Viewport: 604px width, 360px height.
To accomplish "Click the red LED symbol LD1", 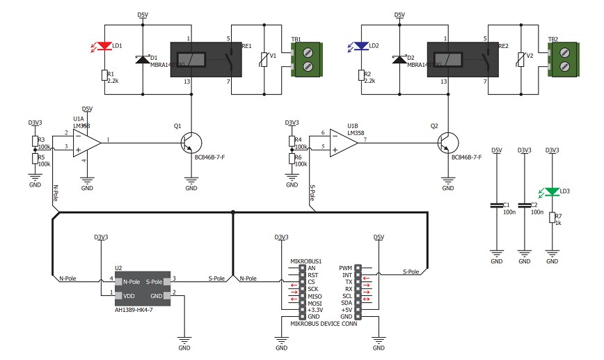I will tap(104, 47).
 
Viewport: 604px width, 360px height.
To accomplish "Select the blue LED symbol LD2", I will tap(361, 47).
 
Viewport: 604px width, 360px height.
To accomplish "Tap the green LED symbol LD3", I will tap(552, 191).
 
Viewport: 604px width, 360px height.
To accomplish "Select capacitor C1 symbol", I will tap(496, 205).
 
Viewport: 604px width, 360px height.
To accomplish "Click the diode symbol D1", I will tap(143, 60).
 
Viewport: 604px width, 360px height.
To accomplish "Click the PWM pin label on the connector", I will tap(345, 267).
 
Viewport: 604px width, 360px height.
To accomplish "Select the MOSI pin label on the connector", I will tap(315, 303).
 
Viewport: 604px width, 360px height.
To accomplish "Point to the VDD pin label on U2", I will tap(129, 295).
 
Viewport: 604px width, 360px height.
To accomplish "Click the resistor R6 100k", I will tap(292, 159).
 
